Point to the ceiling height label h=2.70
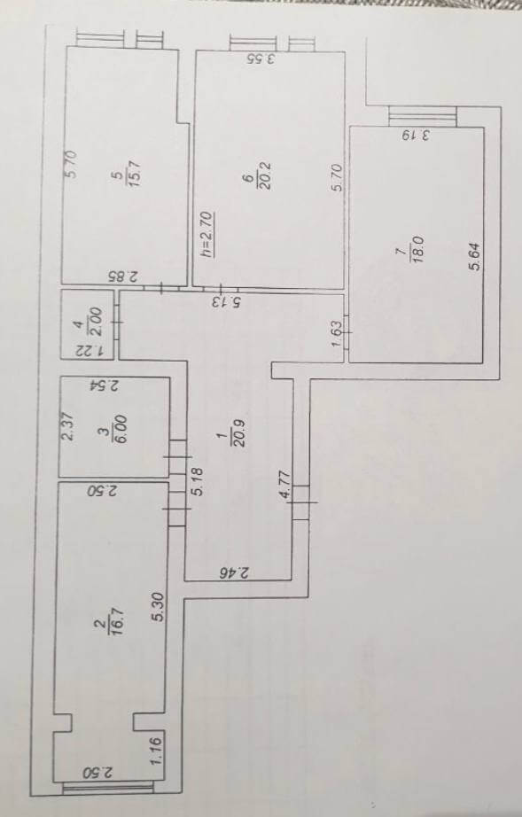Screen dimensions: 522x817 tap(206, 234)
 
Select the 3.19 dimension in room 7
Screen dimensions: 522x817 tap(417, 136)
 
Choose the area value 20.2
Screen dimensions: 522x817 tap(264, 176)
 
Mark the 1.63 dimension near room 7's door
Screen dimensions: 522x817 tap(337, 333)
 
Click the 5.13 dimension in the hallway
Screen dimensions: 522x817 tap(227, 300)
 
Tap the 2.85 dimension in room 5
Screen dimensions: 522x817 tap(123, 276)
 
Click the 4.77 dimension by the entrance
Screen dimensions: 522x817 tap(286, 485)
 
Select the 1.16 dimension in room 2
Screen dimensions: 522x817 tap(157, 747)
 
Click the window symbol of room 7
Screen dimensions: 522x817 tap(423, 116)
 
